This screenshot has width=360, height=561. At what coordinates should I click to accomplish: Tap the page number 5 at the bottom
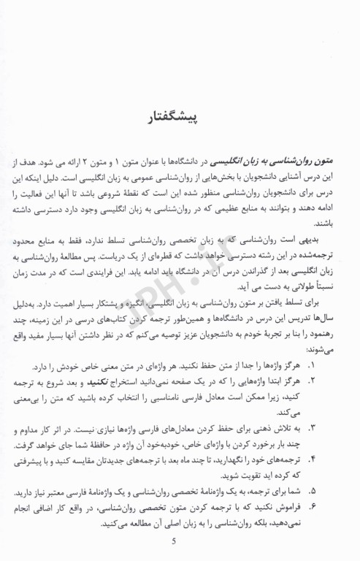173,541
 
